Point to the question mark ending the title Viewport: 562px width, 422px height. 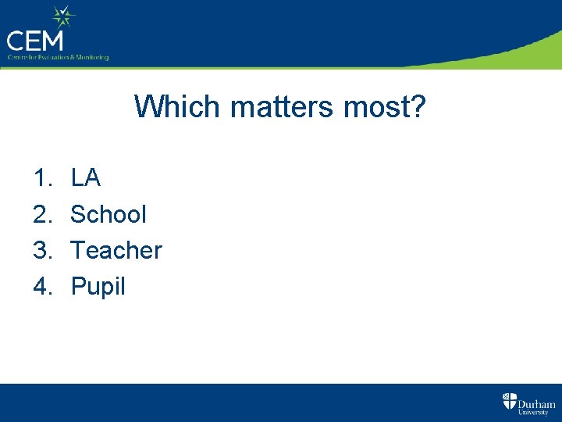(x=417, y=106)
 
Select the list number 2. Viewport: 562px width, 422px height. (x=41, y=214)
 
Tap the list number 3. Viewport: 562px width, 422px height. (x=41, y=250)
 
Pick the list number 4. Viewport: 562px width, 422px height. (x=41, y=286)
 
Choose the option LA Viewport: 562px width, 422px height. (x=86, y=178)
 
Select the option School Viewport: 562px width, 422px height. (x=108, y=214)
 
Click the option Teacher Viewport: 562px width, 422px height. (x=116, y=250)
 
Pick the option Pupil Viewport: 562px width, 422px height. (x=98, y=287)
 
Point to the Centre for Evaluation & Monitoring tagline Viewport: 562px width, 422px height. (x=58, y=57)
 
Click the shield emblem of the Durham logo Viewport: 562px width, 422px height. (x=509, y=402)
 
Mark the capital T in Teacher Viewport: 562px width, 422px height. (x=77, y=250)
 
